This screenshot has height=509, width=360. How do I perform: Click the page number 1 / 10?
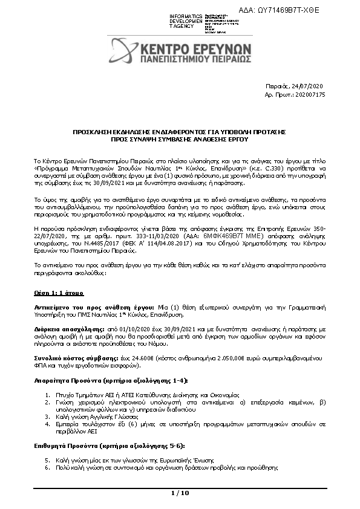[x=180, y=493]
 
